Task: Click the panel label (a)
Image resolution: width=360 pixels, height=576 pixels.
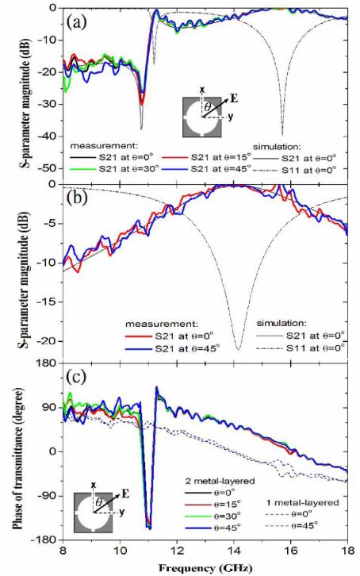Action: pyautogui.click(x=77, y=23)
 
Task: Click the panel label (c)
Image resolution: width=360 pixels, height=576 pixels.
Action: pyautogui.click(x=77, y=377)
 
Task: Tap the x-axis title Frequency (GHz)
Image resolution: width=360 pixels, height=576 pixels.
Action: pyautogui.click(x=205, y=568)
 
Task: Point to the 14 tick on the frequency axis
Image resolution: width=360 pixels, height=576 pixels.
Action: pyautogui.click(x=234, y=551)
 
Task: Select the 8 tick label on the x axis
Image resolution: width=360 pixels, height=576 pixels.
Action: pyautogui.click(x=63, y=551)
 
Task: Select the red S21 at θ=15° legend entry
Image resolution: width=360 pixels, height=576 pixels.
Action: pyautogui.click(x=207, y=158)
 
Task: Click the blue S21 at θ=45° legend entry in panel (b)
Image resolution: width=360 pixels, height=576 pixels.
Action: pyautogui.click(x=172, y=348)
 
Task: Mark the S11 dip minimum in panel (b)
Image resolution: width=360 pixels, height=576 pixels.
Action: pyautogui.click(x=239, y=349)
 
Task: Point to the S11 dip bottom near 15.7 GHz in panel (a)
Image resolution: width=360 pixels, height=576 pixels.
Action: pyautogui.click(x=282, y=134)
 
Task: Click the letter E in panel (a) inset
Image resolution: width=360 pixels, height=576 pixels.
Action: pyautogui.click(x=233, y=98)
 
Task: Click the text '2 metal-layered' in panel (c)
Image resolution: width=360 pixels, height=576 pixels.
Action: pyautogui.click(x=219, y=481)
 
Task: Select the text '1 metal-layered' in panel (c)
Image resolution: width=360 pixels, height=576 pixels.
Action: pyautogui.click(x=301, y=501)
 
